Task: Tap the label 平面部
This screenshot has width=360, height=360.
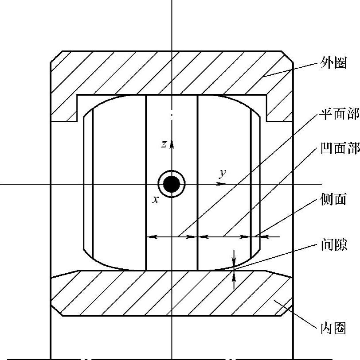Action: coord(339,115)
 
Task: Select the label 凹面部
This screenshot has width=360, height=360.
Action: coord(339,148)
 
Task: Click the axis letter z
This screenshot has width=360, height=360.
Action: coord(164,144)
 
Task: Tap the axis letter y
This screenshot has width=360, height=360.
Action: coord(222,173)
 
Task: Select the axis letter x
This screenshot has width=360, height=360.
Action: coord(155,200)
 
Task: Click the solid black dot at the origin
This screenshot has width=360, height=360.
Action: coord(172,184)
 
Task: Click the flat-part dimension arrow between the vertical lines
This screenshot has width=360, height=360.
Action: coord(172,237)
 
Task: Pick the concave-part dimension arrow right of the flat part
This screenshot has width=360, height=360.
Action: coord(224,237)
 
